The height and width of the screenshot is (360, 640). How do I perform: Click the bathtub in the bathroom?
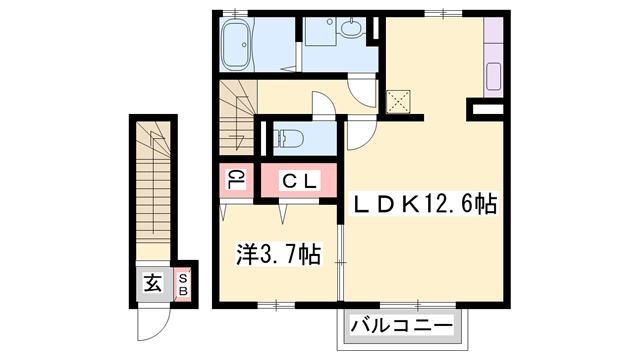240,45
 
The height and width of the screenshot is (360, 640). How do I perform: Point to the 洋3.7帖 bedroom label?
279,255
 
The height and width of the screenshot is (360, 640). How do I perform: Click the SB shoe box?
183,283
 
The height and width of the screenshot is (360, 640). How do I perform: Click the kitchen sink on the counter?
494,76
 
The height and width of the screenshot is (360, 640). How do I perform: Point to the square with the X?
399,100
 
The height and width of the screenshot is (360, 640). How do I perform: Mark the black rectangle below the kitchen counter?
487,105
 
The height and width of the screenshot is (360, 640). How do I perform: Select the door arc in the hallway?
326,105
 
